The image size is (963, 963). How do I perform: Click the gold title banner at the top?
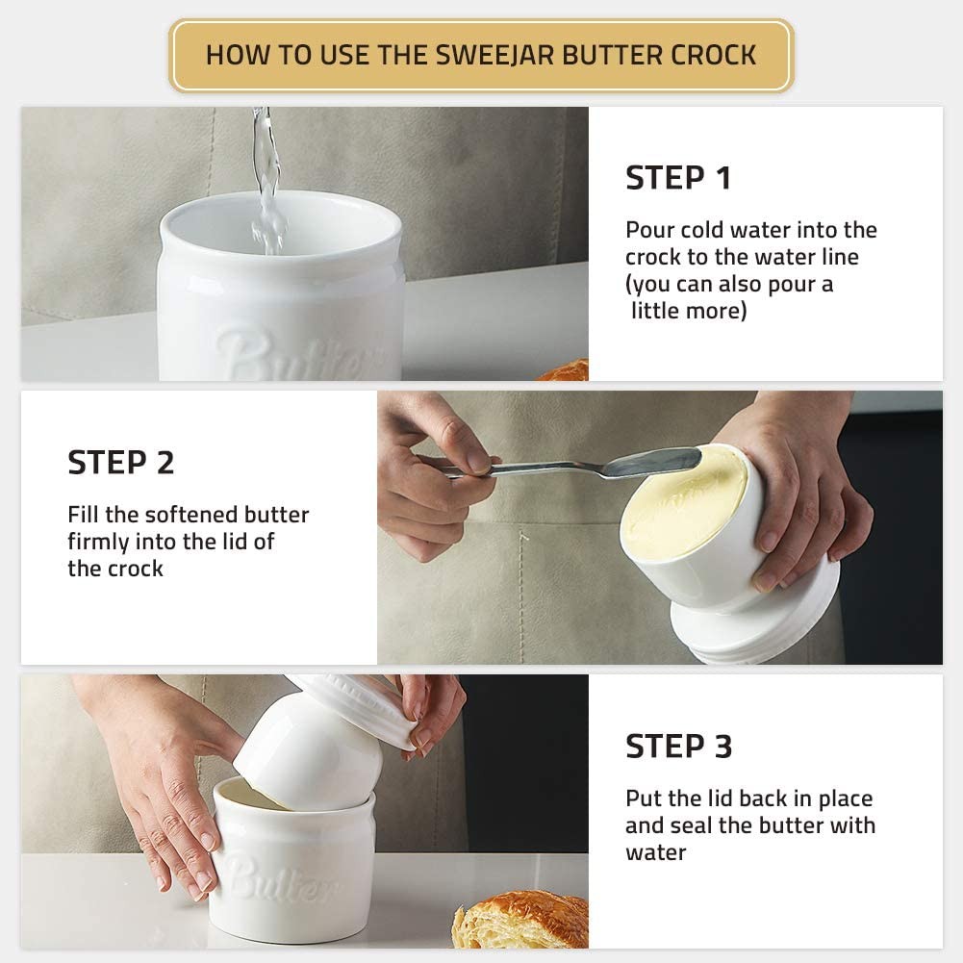tap(481, 55)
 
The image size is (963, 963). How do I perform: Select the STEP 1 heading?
tap(678, 178)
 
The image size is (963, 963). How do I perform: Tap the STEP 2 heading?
tap(121, 463)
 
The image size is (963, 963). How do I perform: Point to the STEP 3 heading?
tap(678, 746)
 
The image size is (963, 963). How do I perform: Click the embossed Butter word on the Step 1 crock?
tap(293, 358)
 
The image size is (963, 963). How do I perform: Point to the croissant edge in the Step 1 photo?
tap(568, 371)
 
